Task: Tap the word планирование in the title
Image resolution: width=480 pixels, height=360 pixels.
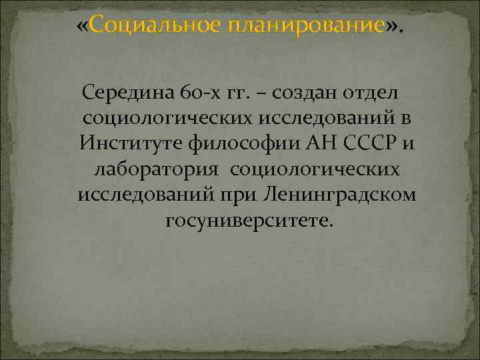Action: (x=307, y=27)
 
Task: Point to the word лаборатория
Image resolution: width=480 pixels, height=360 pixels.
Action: (x=156, y=169)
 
